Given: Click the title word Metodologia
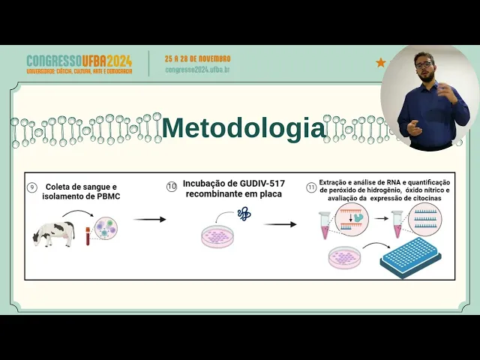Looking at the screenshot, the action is coord(243,129).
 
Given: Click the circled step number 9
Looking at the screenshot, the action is coord(31,188).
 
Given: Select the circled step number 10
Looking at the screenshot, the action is coord(172,186).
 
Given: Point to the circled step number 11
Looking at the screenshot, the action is coord(310,187).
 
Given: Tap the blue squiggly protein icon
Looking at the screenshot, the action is coord(243,214).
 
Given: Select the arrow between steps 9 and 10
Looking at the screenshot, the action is coord(150,220).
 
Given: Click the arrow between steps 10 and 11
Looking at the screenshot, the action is coord(280,223).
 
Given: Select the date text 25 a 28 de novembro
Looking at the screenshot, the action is coord(198,58).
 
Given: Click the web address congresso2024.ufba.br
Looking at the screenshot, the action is coord(197,69).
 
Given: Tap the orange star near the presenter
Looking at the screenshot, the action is coord(380,63).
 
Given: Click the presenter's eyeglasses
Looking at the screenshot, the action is coord(425,64).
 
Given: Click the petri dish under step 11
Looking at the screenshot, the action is coord(346,259).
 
